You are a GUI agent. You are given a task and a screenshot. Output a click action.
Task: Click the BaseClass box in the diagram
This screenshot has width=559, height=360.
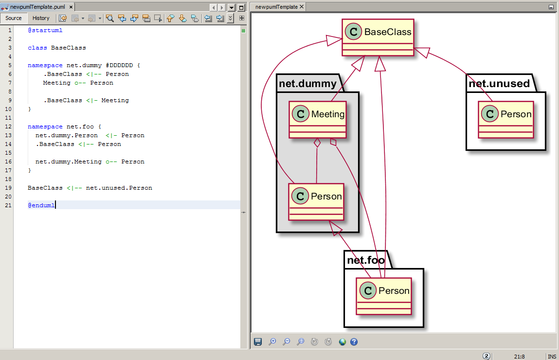pyautogui.click(x=378, y=37)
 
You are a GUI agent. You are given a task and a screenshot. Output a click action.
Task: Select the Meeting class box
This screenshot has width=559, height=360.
pyautogui.click(x=317, y=120)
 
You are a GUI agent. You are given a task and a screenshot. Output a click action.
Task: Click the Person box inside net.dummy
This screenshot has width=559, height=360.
pyautogui.click(x=316, y=201)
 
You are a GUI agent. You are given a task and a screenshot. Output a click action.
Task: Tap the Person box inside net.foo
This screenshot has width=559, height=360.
pyautogui.click(x=383, y=296)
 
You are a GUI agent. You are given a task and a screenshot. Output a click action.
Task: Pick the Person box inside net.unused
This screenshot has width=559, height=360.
pyautogui.click(x=506, y=120)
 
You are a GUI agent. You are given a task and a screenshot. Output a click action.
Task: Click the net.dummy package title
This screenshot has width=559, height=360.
pyautogui.click(x=307, y=84)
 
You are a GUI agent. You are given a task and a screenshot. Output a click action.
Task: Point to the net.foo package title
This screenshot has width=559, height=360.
pyautogui.click(x=366, y=260)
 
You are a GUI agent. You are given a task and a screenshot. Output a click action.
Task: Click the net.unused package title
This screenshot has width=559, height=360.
pyautogui.click(x=499, y=84)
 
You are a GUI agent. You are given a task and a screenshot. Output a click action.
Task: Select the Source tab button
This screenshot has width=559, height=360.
pyautogui.click(x=14, y=18)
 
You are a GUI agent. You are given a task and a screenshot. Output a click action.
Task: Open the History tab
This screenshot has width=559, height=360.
pyautogui.click(x=41, y=18)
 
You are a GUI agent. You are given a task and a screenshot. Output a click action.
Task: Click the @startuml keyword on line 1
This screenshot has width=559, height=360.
pyautogui.click(x=45, y=30)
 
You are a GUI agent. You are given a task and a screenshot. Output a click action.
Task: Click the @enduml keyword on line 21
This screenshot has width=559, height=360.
pyautogui.click(x=41, y=205)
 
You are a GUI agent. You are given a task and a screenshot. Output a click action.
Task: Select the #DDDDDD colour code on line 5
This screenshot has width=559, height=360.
pyautogui.click(x=119, y=65)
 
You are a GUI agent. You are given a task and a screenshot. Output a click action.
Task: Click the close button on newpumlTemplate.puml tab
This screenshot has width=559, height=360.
pyautogui.click(x=71, y=7)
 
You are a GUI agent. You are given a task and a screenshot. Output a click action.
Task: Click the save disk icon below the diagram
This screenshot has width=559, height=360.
pyautogui.click(x=258, y=342)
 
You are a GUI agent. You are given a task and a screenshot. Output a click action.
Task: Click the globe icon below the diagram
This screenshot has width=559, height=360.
pyautogui.click(x=343, y=342)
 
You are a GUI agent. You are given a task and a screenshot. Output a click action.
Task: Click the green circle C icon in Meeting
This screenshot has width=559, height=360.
pyautogui.click(x=301, y=114)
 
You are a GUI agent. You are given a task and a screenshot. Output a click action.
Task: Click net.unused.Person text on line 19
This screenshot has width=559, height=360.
pyautogui.click(x=119, y=188)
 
